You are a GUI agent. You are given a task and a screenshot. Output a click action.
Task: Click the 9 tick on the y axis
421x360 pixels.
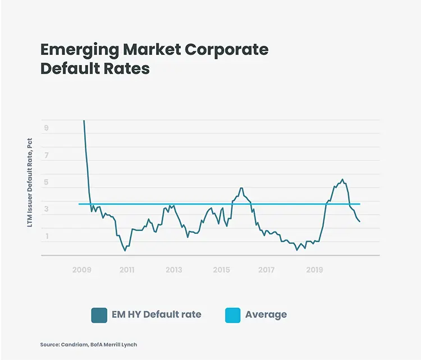[x=46, y=128]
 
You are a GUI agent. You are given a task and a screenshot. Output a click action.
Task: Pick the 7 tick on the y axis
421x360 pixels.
[x=46, y=155]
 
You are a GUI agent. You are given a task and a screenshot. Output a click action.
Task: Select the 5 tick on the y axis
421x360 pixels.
[x=46, y=182]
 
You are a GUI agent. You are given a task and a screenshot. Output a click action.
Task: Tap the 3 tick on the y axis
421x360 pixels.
[x=46, y=209]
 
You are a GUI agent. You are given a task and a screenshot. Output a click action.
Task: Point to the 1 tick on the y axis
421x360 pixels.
[x=46, y=236]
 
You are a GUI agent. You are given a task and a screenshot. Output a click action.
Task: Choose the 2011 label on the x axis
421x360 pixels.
[x=127, y=270]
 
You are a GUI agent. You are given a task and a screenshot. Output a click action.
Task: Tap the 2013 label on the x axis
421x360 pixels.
[x=173, y=270]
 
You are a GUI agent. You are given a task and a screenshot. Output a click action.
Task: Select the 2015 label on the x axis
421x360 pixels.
[x=221, y=270]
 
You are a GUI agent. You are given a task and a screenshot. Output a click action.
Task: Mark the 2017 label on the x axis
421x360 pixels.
[x=267, y=270]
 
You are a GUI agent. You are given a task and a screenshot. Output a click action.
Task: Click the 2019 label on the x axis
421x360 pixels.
[x=314, y=270]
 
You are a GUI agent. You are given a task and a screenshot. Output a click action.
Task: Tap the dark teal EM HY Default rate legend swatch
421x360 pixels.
[x=99, y=315]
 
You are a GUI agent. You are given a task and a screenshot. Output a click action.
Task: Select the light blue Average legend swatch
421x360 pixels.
[x=231, y=315]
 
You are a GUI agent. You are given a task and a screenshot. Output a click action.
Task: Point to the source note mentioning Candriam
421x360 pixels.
[x=89, y=345]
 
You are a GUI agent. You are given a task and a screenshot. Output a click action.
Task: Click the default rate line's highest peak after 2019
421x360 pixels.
[x=342, y=179]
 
